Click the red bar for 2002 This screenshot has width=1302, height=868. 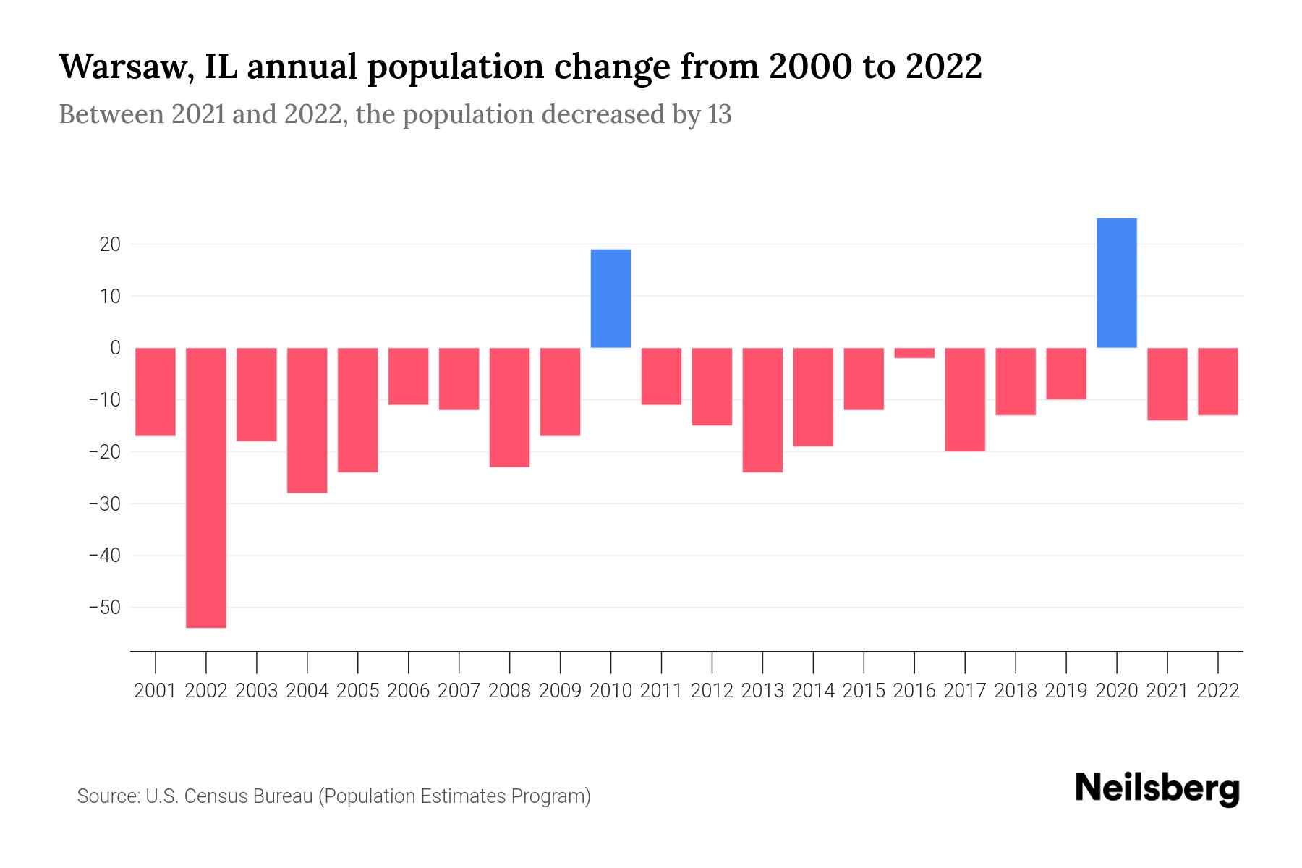(206, 488)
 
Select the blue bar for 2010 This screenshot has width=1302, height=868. (610, 299)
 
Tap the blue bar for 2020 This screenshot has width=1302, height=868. (1117, 283)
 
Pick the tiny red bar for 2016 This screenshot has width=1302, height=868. (914, 353)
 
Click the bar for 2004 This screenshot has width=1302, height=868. (307, 420)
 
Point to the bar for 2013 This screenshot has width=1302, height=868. (762, 410)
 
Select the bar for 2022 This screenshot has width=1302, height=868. (1218, 381)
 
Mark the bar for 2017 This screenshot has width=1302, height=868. (965, 399)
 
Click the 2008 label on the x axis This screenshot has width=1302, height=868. (509, 691)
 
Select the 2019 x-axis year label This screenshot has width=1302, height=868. (1066, 691)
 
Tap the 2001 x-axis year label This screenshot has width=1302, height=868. (156, 691)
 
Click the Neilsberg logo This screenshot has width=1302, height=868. (1157, 788)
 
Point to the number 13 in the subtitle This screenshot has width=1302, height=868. (719, 114)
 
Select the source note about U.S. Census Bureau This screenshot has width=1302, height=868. (333, 796)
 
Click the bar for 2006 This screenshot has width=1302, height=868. (409, 376)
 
